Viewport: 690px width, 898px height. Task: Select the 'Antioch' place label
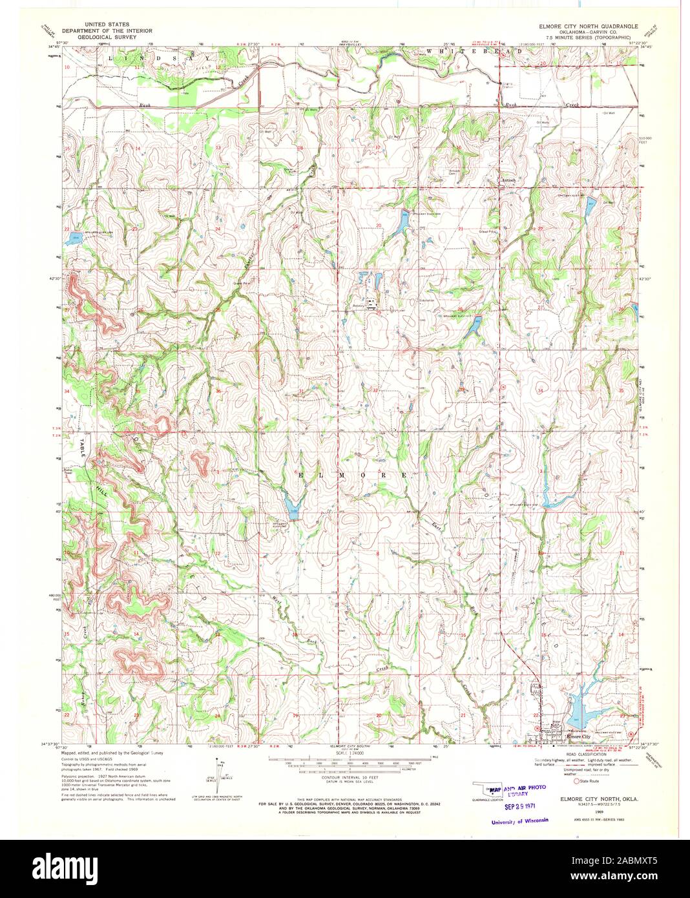click(511, 181)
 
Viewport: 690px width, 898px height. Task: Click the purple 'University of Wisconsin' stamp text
click(519, 820)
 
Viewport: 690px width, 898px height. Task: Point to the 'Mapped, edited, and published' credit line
click(112, 753)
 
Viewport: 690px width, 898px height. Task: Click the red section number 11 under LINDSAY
click(136, 67)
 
